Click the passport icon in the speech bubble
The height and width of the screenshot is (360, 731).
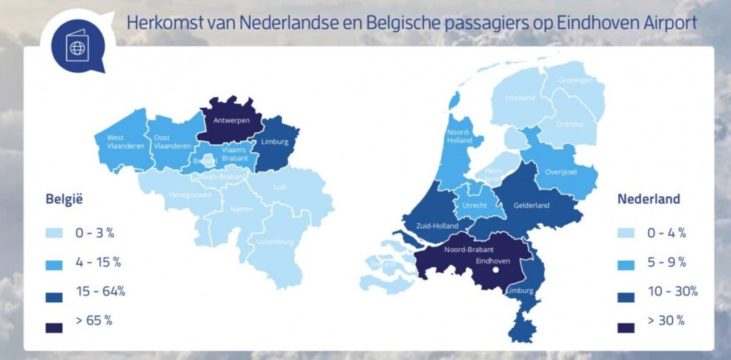75,49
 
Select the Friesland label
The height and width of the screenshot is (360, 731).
520,98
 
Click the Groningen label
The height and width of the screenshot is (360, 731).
576,80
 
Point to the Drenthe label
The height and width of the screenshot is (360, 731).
569,124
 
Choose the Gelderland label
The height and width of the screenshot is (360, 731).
532,206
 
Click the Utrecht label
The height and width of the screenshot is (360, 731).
475,205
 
